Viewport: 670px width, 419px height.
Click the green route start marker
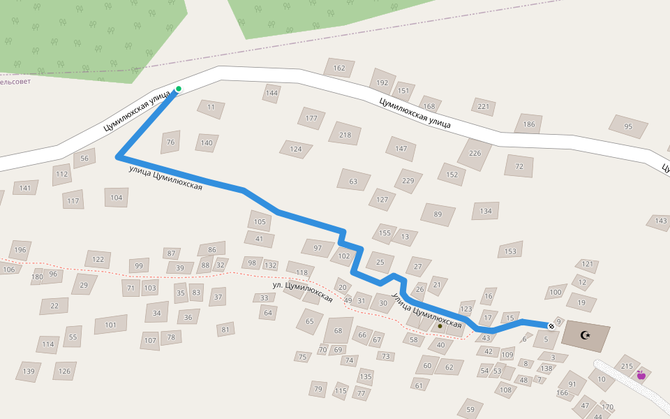click(179, 89)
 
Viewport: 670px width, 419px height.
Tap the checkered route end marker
click(551, 326)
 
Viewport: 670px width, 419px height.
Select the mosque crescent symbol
click(586, 336)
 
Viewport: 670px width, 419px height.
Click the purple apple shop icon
click(641, 375)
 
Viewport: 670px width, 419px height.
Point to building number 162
click(339, 68)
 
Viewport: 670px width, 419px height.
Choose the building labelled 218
click(345, 134)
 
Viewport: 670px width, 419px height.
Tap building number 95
click(628, 126)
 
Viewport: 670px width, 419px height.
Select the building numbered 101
click(110, 325)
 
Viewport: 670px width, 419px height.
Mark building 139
click(29, 372)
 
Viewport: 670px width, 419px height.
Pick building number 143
click(660, 221)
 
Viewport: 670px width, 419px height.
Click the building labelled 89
click(438, 214)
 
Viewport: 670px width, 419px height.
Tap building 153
click(511, 251)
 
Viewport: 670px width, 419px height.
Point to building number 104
click(117, 198)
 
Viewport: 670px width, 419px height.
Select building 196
click(20, 250)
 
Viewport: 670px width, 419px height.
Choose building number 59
click(470, 410)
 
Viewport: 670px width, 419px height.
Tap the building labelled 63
click(353, 182)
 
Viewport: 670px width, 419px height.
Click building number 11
click(211, 108)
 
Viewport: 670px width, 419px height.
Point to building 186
click(529, 125)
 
